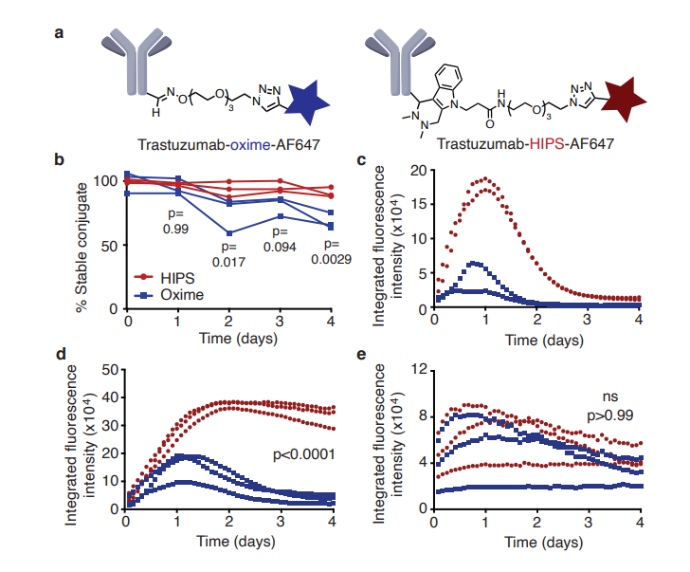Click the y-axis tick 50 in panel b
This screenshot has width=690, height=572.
(x=115, y=245)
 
